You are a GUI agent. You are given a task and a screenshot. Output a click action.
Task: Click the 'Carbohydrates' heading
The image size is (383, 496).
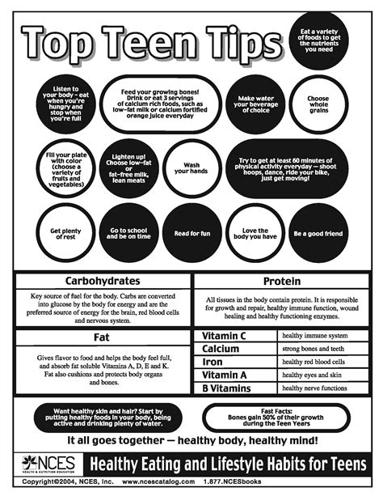pos(103,282)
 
